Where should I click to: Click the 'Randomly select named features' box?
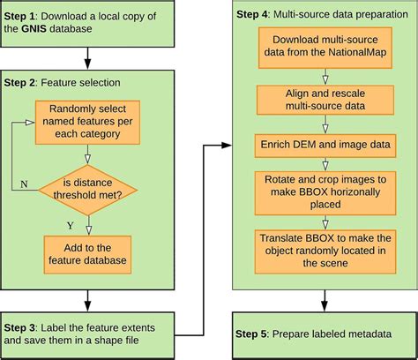87,121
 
